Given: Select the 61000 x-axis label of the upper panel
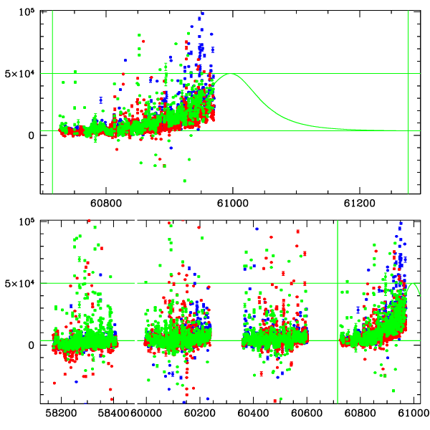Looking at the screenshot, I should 232,204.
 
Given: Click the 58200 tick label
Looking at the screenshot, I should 61,414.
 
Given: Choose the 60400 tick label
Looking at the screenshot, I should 256,414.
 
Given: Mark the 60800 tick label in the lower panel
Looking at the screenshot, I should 359,414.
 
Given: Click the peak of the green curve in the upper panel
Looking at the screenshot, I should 231,74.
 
